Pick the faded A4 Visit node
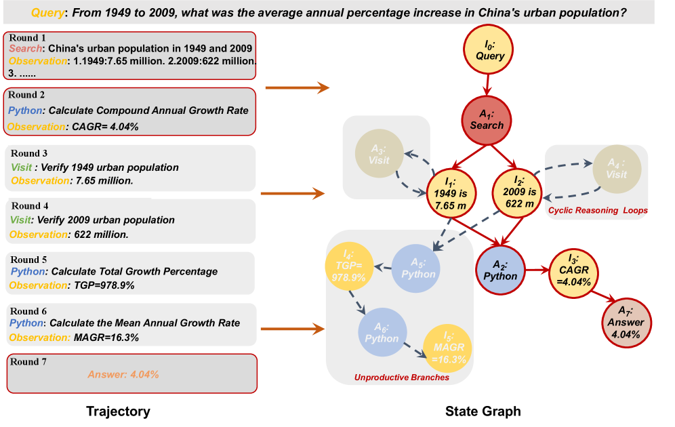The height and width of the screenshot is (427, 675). (x=616, y=169)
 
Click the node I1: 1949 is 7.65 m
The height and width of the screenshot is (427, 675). (x=451, y=191)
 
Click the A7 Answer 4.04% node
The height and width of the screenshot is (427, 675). (x=626, y=322)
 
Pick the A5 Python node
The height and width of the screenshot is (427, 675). (x=415, y=268)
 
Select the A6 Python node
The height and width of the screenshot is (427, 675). (x=382, y=331)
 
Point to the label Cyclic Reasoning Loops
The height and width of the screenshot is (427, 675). (x=597, y=211)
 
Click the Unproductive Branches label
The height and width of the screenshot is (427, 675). (x=401, y=377)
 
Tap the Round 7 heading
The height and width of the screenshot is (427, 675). (x=29, y=362)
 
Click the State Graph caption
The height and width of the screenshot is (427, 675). (x=483, y=411)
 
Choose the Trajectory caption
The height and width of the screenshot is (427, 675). (x=118, y=411)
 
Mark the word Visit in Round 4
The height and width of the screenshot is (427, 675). (x=21, y=220)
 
